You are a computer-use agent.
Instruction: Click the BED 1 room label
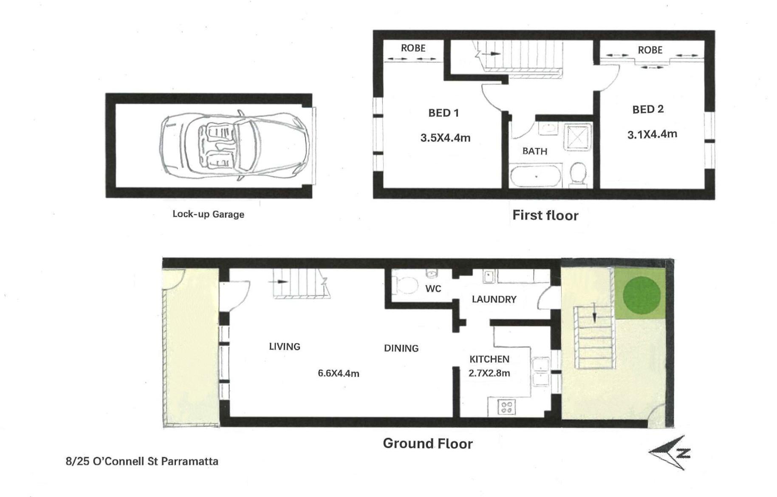tap(443, 113)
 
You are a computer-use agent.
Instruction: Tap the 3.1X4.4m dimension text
tap(652, 134)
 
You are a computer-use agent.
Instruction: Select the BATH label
tap(534, 151)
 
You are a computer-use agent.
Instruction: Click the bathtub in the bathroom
tap(536, 176)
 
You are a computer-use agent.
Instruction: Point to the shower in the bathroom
tap(577, 137)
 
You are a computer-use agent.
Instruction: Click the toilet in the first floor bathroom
tap(578, 174)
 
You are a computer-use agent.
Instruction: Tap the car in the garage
tap(234, 145)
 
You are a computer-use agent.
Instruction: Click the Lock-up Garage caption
tap(208, 214)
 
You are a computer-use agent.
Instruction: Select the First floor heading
tap(545, 215)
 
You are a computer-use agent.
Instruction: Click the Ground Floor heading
tap(428, 443)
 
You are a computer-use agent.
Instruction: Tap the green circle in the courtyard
tap(641, 295)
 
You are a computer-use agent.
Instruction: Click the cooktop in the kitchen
tap(506, 407)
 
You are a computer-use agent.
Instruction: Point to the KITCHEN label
tap(489, 359)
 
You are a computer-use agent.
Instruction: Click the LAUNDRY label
tap(494, 299)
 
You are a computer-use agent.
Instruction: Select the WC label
tap(433, 289)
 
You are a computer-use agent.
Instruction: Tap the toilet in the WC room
tap(405, 285)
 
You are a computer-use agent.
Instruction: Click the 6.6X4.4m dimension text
tap(339, 373)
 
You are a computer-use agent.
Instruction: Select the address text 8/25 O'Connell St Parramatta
tap(142, 461)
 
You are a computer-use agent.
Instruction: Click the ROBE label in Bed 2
tap(650, 50)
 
